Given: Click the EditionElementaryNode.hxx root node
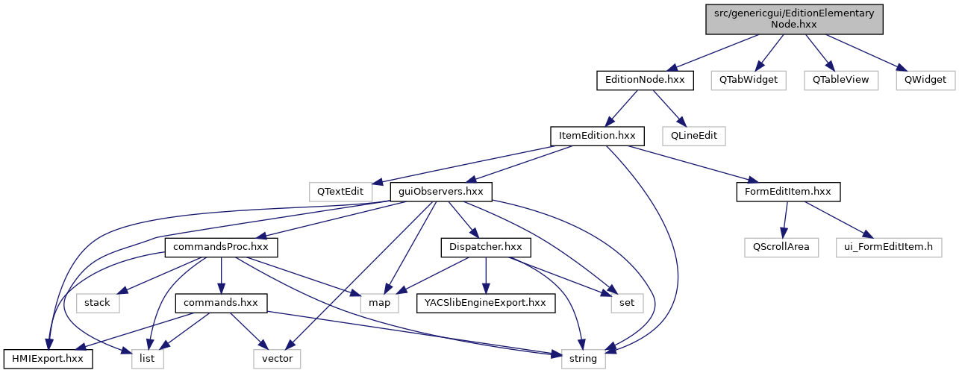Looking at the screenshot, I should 795,19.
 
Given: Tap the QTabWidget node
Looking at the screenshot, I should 749,79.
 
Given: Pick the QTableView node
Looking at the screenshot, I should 841,79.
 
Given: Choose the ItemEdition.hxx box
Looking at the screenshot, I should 597,136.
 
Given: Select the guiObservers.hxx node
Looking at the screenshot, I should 441,192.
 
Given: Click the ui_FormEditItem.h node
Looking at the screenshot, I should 888,247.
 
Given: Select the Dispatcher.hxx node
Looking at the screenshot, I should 486,247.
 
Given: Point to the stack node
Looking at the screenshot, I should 97,303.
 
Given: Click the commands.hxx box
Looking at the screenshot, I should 221,303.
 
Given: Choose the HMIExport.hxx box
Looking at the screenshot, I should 48,359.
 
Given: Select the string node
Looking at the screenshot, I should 583,359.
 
